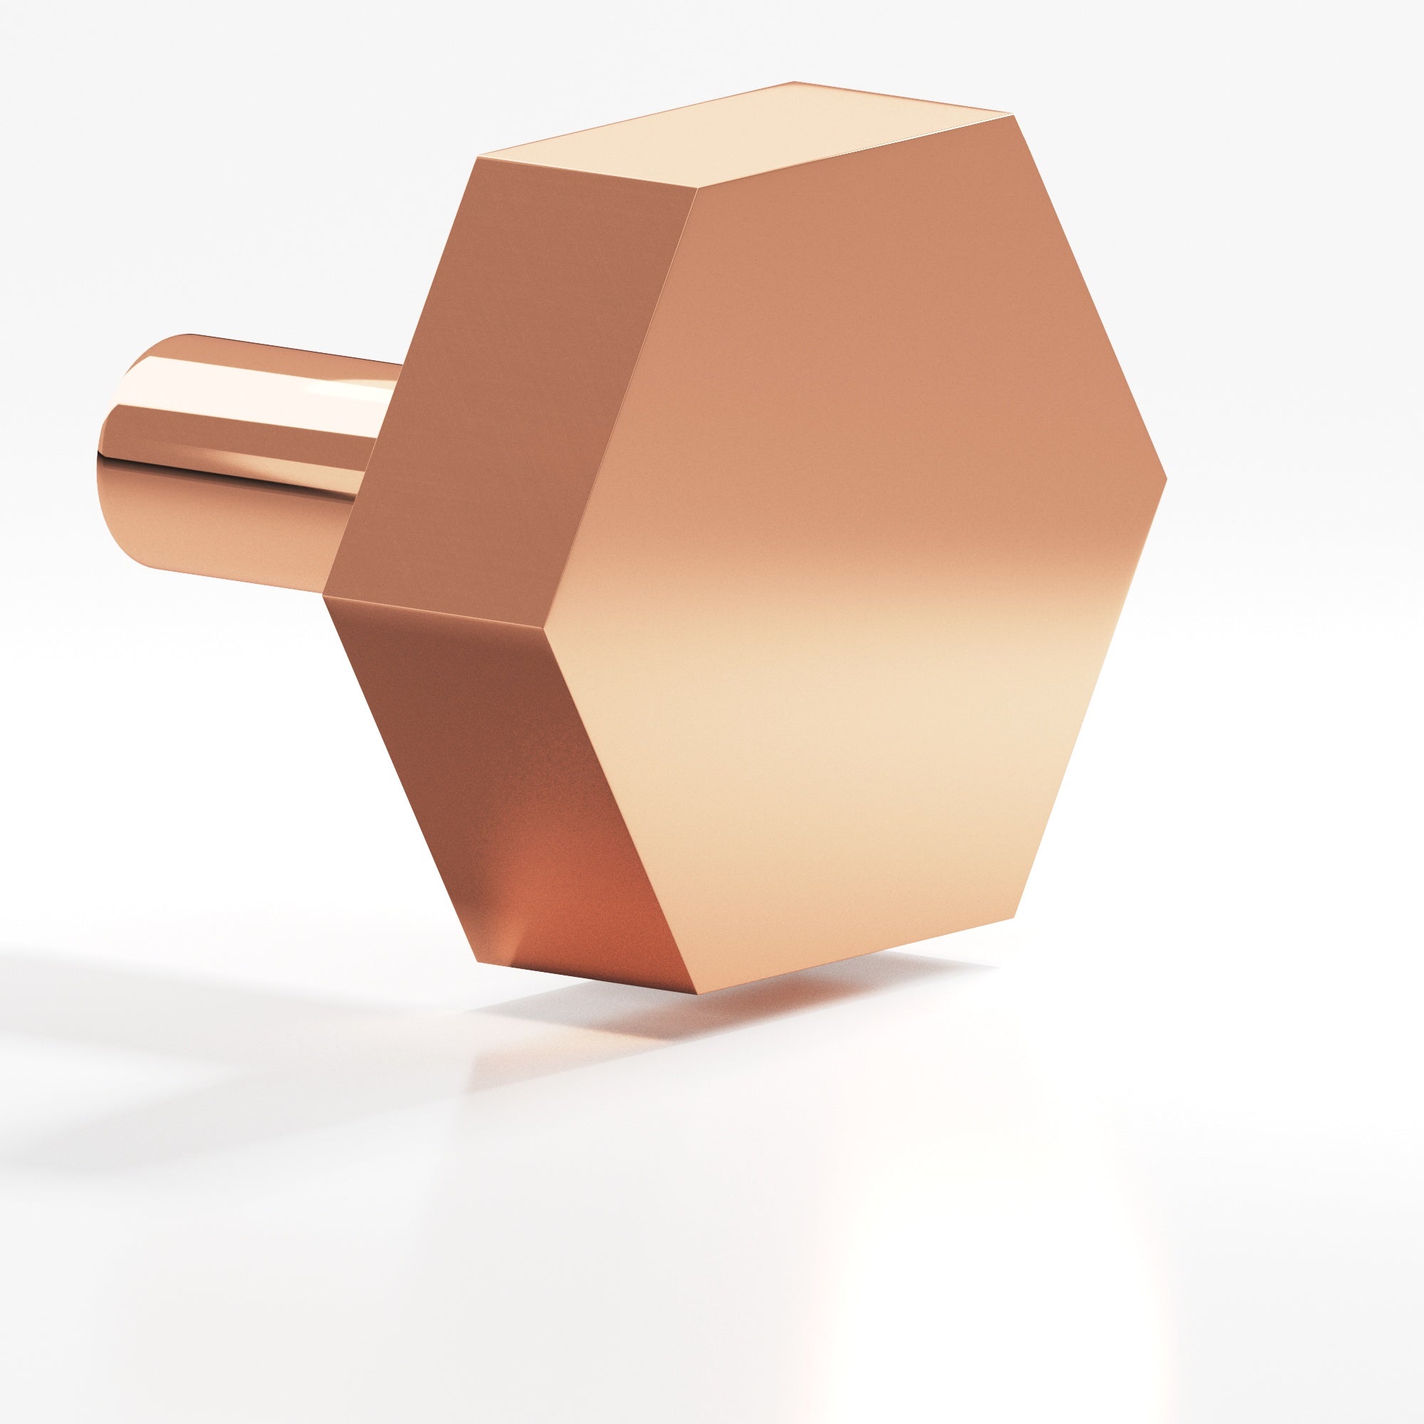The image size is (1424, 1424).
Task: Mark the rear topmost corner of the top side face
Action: pyautogui.click(x=795, y=81)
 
